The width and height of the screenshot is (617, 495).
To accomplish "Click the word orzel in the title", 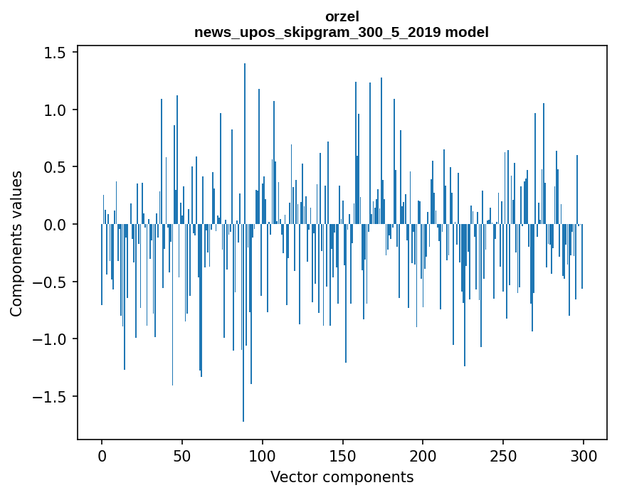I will pos(342,16).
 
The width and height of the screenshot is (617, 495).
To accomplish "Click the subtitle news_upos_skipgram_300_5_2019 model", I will pos(342,32).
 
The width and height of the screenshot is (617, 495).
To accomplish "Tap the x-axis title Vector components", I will pos(342,477).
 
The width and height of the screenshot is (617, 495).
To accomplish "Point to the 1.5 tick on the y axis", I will pos(57,53).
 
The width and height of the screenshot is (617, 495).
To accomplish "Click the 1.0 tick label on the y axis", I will pos(57,110).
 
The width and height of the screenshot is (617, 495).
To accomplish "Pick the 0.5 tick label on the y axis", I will pos(57,168).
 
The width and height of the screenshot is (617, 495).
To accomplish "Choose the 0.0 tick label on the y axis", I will pos(57,225).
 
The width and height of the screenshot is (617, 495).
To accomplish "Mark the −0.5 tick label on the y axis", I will pos(53,282).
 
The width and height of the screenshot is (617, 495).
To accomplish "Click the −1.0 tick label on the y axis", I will pos(53,339).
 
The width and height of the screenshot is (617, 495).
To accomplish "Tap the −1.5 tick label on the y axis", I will pos(53,397).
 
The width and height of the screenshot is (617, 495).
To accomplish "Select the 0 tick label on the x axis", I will pos(102,455).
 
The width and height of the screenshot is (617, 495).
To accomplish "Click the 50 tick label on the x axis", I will pos(182,455).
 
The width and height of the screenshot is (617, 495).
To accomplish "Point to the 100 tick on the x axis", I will pos(263,455).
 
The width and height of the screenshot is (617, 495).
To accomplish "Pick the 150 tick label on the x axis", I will pos(343,455).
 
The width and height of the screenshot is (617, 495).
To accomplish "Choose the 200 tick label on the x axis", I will pos(423,455).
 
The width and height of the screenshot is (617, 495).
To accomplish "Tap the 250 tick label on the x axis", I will pos(503,455).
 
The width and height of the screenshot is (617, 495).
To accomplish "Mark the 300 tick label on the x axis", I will pos(584,455).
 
